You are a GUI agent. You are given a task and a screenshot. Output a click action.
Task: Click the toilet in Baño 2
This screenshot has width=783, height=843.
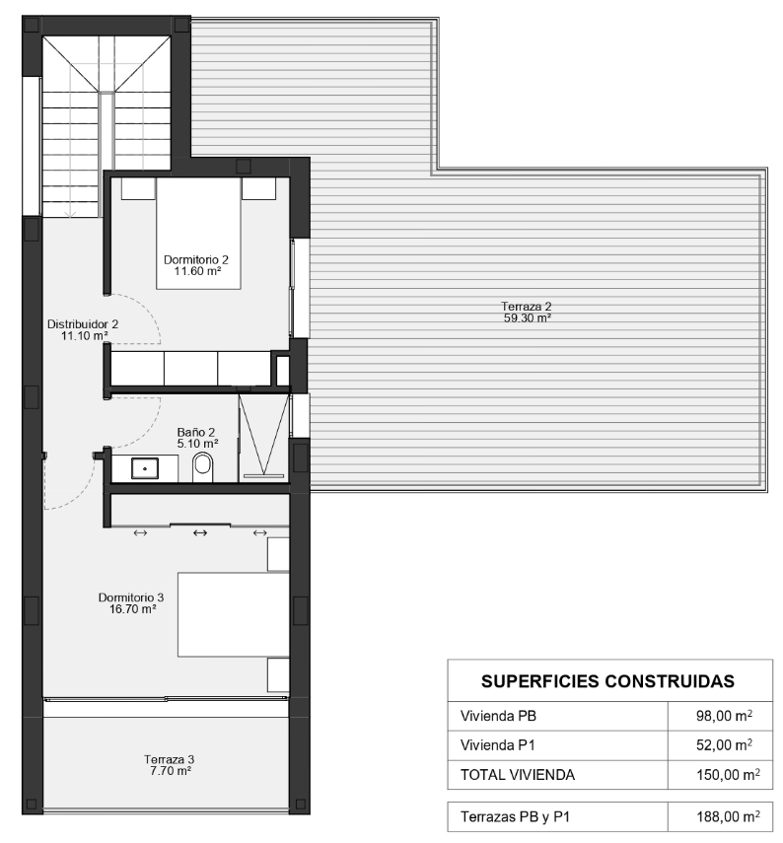(x=203, y=467)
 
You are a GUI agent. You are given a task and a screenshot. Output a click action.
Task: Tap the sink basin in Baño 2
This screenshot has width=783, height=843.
(x=145, y=468)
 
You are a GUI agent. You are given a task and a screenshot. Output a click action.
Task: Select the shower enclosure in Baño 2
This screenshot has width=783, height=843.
(x=263, y=437)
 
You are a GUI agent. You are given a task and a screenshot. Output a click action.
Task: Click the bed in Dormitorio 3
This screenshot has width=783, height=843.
(x=234, y=614)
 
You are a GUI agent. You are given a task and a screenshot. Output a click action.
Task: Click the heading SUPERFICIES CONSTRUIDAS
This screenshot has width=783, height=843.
(x=607, y=681)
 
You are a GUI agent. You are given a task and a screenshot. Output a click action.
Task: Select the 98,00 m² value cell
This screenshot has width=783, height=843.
(x=724, y=716)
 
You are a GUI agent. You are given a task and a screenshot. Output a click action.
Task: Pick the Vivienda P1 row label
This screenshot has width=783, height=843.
(x=497, y=745)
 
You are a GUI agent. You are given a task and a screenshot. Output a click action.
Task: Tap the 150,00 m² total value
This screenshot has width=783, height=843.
(x=728, y=775)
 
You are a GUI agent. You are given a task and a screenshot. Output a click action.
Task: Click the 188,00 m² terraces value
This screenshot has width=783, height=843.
(x=728, y=816)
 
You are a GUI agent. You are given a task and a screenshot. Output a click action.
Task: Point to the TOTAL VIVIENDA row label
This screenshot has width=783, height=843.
(x=518, y=775)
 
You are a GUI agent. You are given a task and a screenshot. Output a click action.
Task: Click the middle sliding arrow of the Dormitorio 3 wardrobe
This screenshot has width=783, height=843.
(x=200, y=532)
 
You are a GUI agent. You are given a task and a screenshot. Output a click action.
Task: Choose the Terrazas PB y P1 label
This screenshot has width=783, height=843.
(x=515, y=817)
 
